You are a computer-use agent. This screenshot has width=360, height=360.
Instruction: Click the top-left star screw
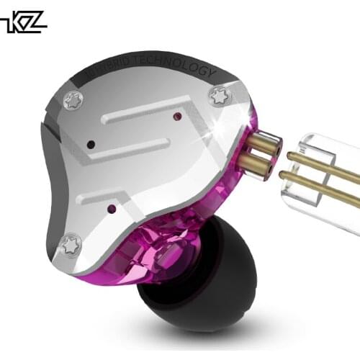pos(73,102)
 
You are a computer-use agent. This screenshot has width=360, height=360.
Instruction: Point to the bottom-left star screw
pos(71,245)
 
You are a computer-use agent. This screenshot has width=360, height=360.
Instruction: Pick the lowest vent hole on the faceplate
pos(110,209)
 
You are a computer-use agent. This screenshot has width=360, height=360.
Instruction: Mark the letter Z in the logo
pos(35,22)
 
